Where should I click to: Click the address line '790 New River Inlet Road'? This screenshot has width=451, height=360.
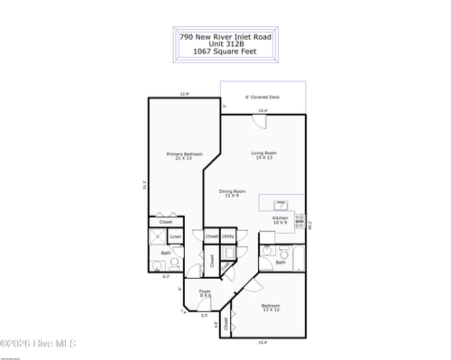[x=225, y=37]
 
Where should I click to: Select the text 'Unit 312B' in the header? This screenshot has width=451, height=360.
[x=225, y=44]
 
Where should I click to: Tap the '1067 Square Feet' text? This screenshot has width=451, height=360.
[x=225, y=52]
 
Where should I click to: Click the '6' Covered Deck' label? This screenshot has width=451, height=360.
[x=262, y=97]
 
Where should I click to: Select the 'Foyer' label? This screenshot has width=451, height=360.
[x=205, y=292]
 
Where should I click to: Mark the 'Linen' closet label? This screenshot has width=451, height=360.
[x=176, y=237]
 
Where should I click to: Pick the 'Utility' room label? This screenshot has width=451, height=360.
[x=228, y=236]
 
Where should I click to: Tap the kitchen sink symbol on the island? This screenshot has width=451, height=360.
[x=281, y=204]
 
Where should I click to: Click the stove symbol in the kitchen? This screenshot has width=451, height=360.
[x=299, y=220]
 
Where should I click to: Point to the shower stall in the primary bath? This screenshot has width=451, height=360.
[x=157, y=237]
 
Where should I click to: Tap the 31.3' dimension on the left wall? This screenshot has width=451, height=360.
[x=143, y=186]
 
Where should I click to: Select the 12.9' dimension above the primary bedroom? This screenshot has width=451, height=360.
[x=184, y=94]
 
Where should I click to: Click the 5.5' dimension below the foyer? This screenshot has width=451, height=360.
[x=204, y=316]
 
